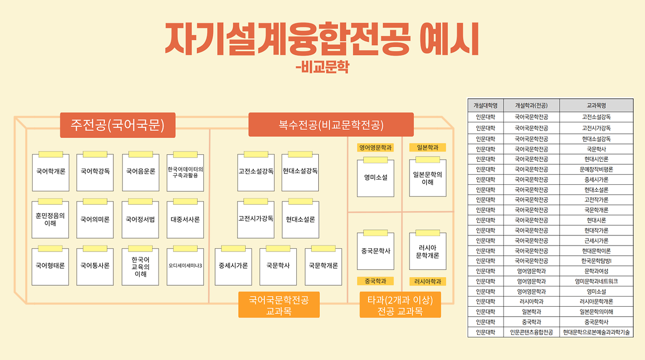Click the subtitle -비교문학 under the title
[322, 68]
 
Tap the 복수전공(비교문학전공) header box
[331, 125]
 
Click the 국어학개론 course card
[51, 172]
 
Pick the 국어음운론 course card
[140, 172]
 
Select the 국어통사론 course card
[95, 266]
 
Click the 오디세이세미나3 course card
[185, 266]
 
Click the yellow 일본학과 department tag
[427, 147]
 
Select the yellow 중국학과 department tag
[375, 281]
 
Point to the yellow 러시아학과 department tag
[427, 281]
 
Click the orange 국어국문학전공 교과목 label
[279, 305]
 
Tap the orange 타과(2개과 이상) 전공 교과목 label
[400, 305]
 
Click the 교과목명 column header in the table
[596, 105]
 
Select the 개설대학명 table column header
[486, 105]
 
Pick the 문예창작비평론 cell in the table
[596, 169]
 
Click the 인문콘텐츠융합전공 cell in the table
[532, 333]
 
